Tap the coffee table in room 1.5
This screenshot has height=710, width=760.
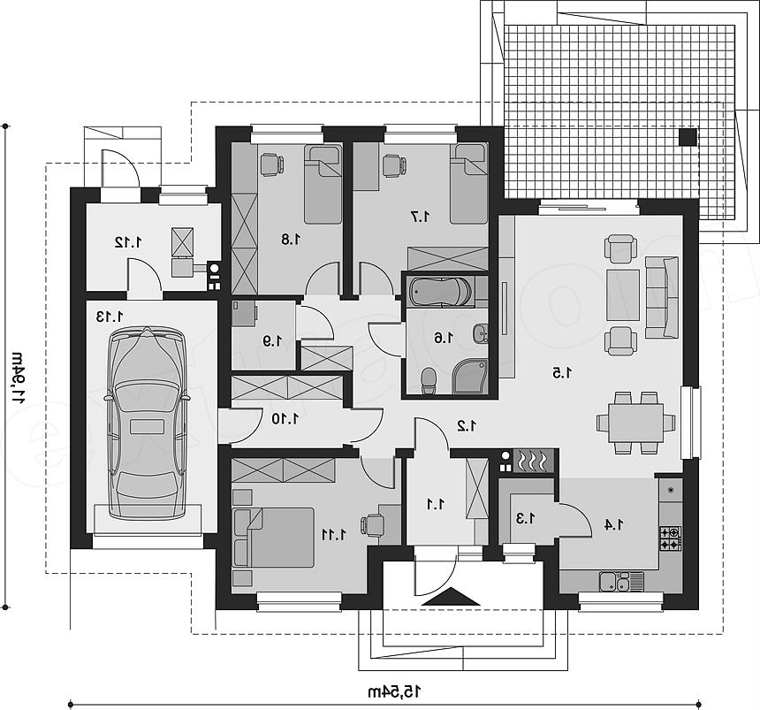click(623, 294)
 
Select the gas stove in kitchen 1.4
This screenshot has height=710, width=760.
click(671, 538)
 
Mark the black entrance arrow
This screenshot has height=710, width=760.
click(452, 597)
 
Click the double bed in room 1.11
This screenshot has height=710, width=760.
click(273, 537)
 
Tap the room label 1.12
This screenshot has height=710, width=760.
click(128, 241)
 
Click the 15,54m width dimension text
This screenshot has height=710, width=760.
click(392, 691)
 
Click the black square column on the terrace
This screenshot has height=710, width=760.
click(688, 137)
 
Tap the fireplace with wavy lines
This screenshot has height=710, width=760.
click(532, 461)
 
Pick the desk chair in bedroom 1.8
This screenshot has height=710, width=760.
click(271, 164)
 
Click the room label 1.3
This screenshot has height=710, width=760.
click(526, 519)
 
